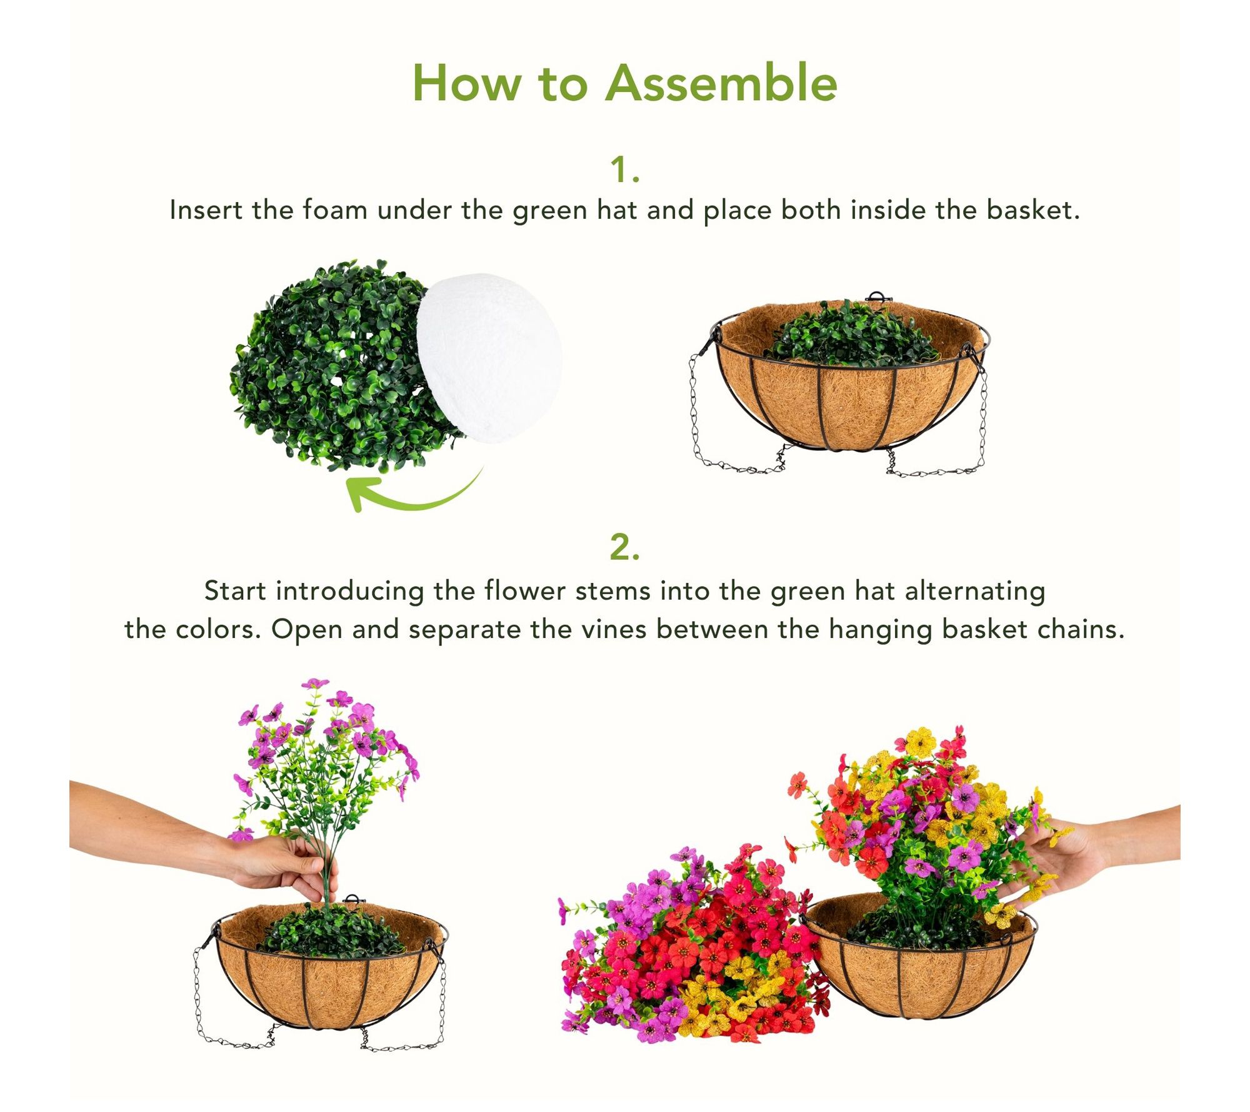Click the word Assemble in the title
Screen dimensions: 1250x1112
pyautogui.click(x=721, y=83)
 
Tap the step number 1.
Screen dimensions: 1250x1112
pyautogui.click(x=625, y=169)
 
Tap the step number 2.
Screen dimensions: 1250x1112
pyautogui.click(x=625, y=548)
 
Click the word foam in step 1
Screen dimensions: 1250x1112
pyautogui.click(x=335, y=210)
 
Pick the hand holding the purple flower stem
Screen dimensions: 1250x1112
pyautogui.click(x=284, y=862)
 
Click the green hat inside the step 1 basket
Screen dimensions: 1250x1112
pyautogui.click(x=850, y=335)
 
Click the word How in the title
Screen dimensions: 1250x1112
pyautogui.click(x=466, y=83)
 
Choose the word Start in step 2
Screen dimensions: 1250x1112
pyautogui.click(x=235, y=591)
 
